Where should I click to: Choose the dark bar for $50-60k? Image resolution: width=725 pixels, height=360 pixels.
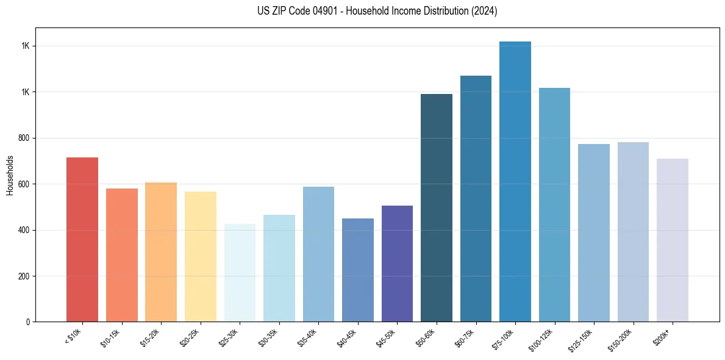pos(437,207)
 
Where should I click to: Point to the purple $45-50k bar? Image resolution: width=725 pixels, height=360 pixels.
pos(397,264)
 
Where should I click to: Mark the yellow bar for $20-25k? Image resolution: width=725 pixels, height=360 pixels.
pos(201,256)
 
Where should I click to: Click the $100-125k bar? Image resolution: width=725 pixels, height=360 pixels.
pos(554,204)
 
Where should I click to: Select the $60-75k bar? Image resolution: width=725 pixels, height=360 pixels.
pos(476,198)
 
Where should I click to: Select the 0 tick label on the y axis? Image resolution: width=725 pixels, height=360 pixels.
pos(29,322)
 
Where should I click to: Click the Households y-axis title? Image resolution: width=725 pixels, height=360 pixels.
pos(10,175)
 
